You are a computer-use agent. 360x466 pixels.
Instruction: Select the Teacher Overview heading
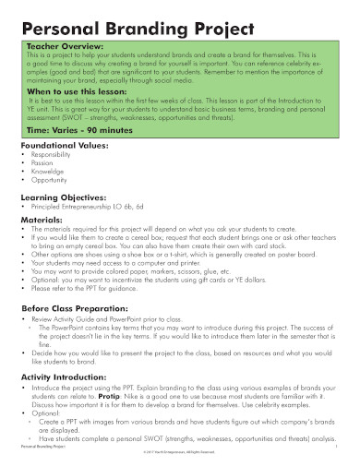click(66, 44)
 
